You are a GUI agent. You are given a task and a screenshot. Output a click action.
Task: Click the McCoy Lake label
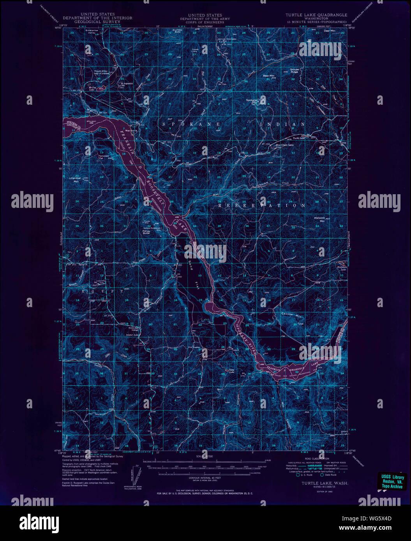(92, 88)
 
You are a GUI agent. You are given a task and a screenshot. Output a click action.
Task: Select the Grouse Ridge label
(294, 71)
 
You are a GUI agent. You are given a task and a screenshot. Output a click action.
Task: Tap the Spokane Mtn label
(252, 101)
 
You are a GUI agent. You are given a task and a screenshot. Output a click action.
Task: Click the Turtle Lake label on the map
(299, 138)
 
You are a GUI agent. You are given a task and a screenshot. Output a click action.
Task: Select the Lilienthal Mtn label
(74, 180)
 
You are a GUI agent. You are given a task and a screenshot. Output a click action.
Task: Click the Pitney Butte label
(146, 232)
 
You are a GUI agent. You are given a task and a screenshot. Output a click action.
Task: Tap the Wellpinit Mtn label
(319, 219)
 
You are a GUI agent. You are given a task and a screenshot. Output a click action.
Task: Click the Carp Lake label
(231, 372)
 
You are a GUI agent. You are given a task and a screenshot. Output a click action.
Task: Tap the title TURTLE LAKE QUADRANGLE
(316, 15)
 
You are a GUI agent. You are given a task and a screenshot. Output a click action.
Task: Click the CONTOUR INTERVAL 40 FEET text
(205, 477)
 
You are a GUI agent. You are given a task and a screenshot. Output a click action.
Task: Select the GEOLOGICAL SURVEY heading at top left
(97, 22)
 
